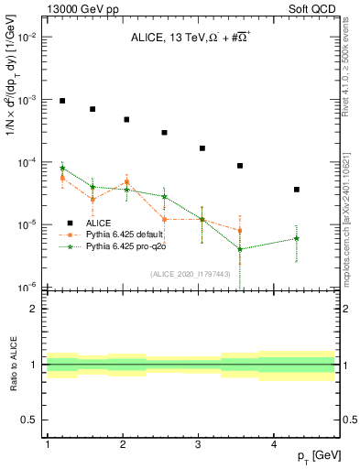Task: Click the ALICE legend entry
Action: (99, 223)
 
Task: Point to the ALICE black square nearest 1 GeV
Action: (62, 101)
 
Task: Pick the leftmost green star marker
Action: (62, 168)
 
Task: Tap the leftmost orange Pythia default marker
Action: (62, 178)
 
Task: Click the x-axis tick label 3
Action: (199, 444)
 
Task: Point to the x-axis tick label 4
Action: (275, 444)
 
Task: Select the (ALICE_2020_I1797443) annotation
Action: (190, 275)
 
